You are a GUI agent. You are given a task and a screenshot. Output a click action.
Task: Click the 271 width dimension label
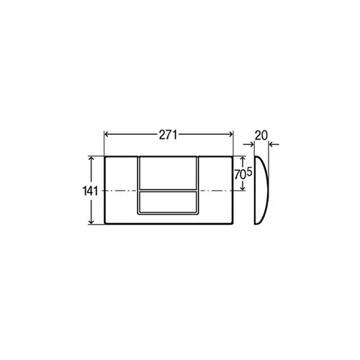click(168, 135)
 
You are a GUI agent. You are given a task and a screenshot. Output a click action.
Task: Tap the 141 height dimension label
click(90, 191)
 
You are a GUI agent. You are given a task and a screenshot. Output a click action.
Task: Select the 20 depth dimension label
click(261, 135)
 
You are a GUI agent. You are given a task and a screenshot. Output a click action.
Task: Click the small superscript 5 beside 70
click(249, 172)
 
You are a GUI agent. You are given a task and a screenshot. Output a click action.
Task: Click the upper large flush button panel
click(168, 173)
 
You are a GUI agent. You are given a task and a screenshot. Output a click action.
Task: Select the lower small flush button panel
click(168, 202)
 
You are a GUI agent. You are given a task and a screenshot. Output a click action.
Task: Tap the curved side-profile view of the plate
click(261, 190)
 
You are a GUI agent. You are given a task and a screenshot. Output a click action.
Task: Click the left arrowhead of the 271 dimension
click(107, 135)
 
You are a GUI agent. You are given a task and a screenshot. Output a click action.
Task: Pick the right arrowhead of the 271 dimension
click(230, 135)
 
